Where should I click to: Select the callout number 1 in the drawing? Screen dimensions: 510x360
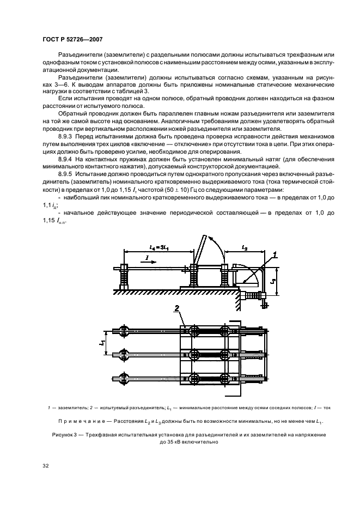pos(276,254)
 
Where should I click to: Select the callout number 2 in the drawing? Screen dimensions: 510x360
pos(177,308)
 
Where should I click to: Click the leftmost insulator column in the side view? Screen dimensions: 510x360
pos(124,277)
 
